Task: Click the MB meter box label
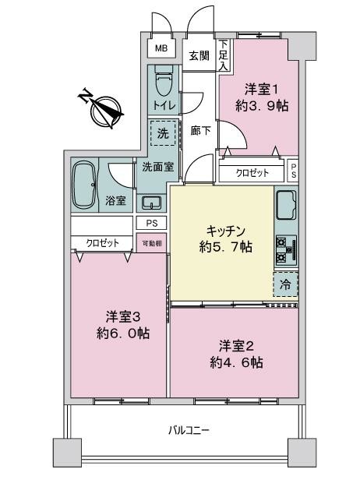click(x=161, y=48)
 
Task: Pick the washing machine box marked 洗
click(x=163, y=133)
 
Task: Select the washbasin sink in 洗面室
click(x=151, y=203)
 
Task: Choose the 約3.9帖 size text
click(x=265, y=106)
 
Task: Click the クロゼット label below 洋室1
click(x=253, y=173)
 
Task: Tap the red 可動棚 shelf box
click(x=151, y=243)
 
